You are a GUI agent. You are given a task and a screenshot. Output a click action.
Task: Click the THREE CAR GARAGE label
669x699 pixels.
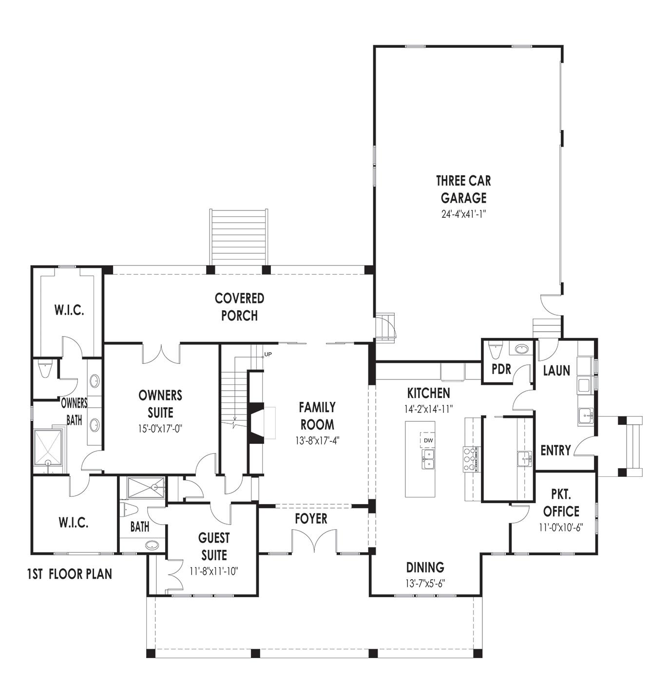coord(463,189)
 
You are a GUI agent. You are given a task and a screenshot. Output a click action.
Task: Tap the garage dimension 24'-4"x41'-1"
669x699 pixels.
coord(463,214)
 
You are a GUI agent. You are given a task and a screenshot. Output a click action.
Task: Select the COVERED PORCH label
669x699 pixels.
coord(239,307)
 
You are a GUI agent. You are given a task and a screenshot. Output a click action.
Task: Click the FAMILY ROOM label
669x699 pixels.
coord(317,416)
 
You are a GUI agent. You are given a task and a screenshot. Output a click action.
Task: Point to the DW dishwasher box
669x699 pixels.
coord(428,440)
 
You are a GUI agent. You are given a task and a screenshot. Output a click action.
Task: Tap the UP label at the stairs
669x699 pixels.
coord(268,354)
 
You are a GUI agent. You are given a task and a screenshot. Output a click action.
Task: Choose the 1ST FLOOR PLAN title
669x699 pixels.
coord(70,574)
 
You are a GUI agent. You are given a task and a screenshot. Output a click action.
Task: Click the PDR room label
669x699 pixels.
coord(501,369)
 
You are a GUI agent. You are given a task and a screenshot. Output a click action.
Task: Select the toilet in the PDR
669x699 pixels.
coord(496,350)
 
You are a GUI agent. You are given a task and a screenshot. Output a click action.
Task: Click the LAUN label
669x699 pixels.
coord(556,370)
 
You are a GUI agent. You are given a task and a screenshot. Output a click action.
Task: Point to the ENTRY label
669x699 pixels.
coord(555,450)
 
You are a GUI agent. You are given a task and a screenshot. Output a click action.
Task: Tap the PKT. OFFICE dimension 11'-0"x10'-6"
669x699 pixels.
coord(561,528)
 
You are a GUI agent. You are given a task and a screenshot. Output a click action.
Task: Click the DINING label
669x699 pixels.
coord(425,567)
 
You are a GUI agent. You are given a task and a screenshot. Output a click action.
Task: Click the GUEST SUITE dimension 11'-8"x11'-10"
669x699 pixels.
coord(214,571)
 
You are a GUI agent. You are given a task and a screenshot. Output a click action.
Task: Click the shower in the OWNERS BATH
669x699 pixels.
coord(48,448)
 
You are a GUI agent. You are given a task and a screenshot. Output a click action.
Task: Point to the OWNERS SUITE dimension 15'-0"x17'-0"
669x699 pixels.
coord(160,429)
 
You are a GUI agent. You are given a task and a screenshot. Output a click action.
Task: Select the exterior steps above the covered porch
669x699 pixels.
coord(239,237)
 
